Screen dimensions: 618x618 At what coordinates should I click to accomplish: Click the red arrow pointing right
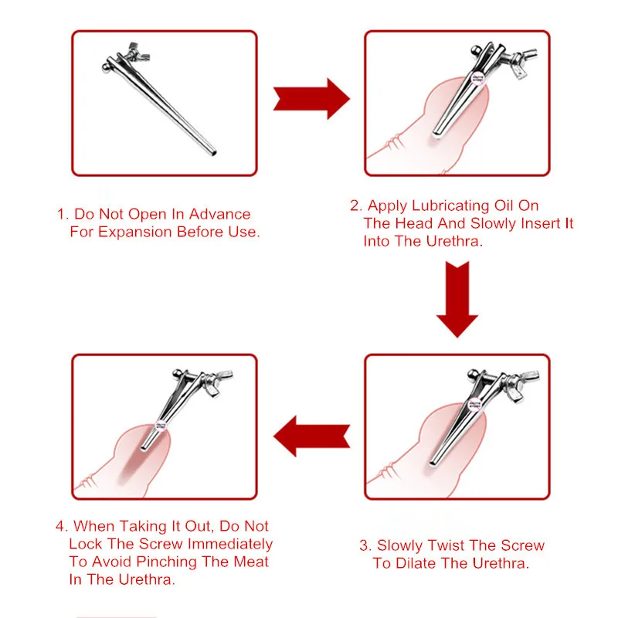(x=311, y=97)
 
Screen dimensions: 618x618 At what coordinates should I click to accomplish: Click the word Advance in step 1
(x=219, y=214)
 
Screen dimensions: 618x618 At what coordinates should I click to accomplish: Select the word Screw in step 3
(x=523, y=545)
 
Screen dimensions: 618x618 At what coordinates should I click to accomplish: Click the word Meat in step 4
(x=250, y=562)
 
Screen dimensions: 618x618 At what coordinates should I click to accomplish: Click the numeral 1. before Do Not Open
(x=62, y=214)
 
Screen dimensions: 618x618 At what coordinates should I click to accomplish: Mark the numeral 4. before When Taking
(x=62, y=527)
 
